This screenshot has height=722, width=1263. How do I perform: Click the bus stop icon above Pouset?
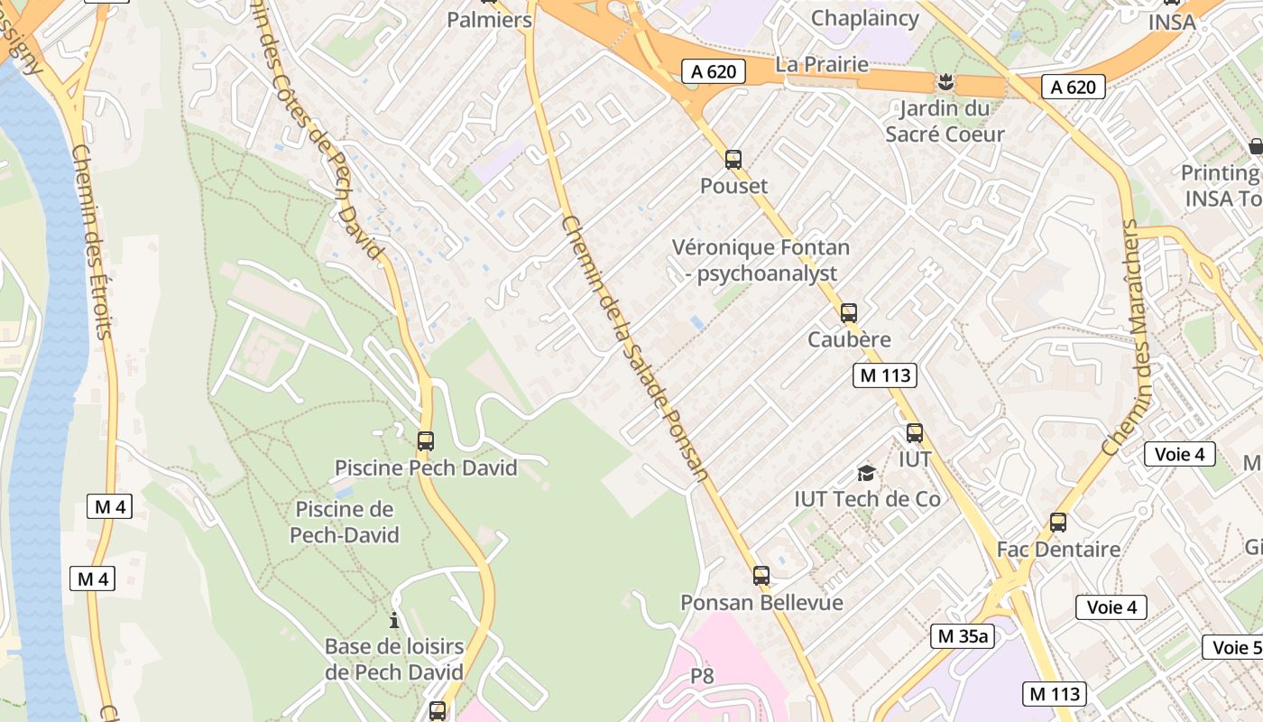tap(733, 160)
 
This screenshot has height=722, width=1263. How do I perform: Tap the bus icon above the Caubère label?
tap(849, 313)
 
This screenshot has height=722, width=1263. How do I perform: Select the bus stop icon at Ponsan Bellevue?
tap(761, 576)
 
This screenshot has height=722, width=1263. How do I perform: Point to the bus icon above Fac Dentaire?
tap(1058, 523)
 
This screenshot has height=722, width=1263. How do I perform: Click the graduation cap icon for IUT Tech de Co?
tap(866, 473)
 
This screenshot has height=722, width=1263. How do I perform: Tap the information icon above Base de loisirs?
tap(394, 621)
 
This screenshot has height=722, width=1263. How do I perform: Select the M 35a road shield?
tap(963, 635)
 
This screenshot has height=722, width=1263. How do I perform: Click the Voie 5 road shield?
tap(1234, 647)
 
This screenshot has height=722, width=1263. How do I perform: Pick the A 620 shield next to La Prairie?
tap(714, 71)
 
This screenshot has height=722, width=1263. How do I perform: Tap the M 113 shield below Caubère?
tap(885, 375)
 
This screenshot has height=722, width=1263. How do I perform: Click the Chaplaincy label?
tap(865, 18)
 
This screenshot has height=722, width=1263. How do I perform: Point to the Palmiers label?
tap(490, 19)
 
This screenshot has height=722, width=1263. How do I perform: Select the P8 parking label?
tap(702, 676)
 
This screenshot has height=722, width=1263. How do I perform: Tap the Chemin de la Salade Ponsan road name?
tap(634, 348)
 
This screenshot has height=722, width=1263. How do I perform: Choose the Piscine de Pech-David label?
tap(344, 522)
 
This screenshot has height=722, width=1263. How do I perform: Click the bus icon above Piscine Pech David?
tap(426, 441)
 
